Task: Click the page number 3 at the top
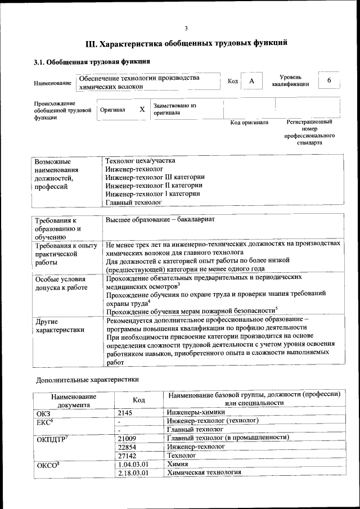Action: coord(186,28)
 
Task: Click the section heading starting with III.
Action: coord(186,43)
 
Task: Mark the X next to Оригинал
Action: coord(142,110)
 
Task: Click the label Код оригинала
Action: coord(249,123)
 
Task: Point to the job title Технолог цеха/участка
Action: coord(140,160)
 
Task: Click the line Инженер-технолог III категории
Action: coord(155,177)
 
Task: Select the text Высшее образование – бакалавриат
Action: coord(160,219)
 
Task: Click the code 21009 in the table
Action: coord(128,438)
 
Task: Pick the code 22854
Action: coord(128,446)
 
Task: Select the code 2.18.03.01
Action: coord(133,473)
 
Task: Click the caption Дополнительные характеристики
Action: coord(87,379)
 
